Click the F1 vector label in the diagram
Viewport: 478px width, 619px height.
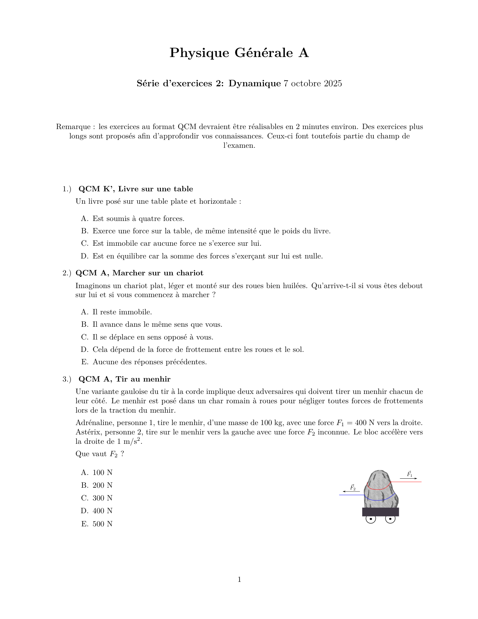(409, 474)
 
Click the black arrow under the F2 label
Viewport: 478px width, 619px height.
(351, 491)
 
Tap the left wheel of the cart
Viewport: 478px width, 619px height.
(370, 519)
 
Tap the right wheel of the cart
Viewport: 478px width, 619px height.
(390, 519)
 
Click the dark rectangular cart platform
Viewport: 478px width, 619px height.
(380, 512)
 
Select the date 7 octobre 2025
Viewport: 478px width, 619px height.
(313, 83)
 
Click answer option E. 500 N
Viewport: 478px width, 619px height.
(97, 524)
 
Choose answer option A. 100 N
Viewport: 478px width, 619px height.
(97, 473)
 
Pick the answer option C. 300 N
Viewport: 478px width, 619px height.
(97, 498)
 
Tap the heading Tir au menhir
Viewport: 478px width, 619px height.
(143, 379)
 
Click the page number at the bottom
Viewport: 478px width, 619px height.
(239, 580)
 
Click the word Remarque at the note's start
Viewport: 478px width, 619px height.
(73, 127)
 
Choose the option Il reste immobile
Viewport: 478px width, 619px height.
(122, 312)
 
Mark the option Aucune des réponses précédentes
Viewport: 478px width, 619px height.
(150, 362)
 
